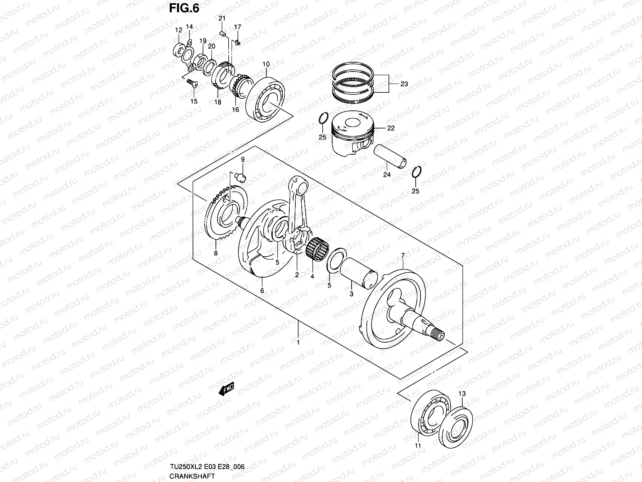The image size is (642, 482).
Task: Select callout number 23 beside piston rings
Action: click(404, 84)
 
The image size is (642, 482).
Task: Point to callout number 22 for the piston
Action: click(391, 129)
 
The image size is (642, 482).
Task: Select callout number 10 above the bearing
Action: click(266, 64)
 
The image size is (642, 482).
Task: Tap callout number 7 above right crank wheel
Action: click(403, 255)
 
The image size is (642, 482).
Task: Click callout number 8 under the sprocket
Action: click(216, 253)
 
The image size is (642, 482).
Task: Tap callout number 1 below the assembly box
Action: click(298, 342)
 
